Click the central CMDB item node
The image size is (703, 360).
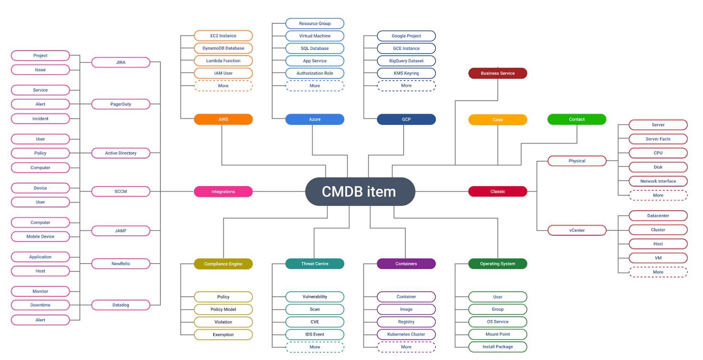coord(360,192)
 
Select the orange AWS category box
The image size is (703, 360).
coord(223,119)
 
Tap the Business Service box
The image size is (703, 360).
coord(498,73)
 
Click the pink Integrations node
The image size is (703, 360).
coord(223,192)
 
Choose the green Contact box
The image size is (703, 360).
coord(577,119)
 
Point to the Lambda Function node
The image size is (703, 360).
coord(223,61)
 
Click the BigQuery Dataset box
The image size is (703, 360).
coord(406,61)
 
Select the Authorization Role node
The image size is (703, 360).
coord(315,73)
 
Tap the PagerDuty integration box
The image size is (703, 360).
coord(121,104)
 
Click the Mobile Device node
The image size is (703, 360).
coord(40,237)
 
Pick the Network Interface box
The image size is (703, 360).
coord(658,181)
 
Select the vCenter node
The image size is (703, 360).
coord(577,230)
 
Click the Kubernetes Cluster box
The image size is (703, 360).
coord(406,334)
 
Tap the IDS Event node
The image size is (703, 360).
coord(315,334)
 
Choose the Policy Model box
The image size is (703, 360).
coord(223,309)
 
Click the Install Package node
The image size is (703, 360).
coord(498,347)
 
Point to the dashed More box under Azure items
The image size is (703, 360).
coord(315,86)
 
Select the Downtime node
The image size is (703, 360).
coord(40,305)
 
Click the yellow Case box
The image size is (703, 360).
coord(498,120)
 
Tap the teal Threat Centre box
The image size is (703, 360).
coord(315,264)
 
